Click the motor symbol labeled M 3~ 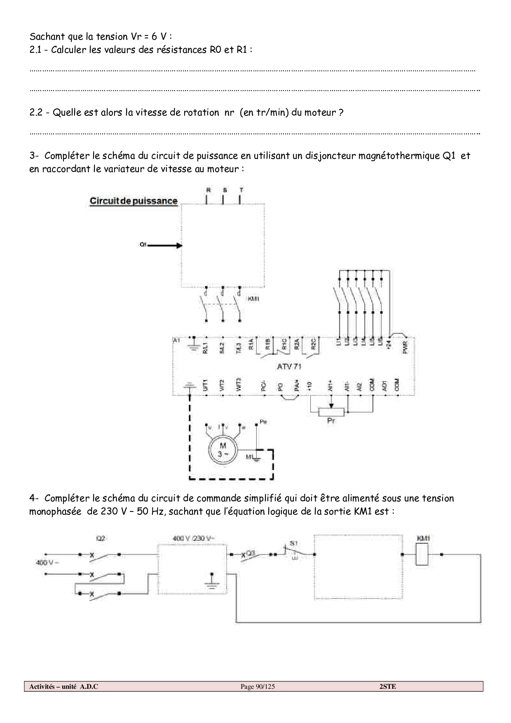click(223, 449)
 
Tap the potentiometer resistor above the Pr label click(331, 412)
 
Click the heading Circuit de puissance click(134, 201)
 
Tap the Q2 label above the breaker click(100, 538)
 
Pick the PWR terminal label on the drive click(405, 347)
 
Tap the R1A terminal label click(251, 344)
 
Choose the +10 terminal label click(310, 386)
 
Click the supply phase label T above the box click(241, 190)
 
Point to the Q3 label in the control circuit click(251, 553)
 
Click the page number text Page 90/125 click(258, 686)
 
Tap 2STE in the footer click(387, 686)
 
